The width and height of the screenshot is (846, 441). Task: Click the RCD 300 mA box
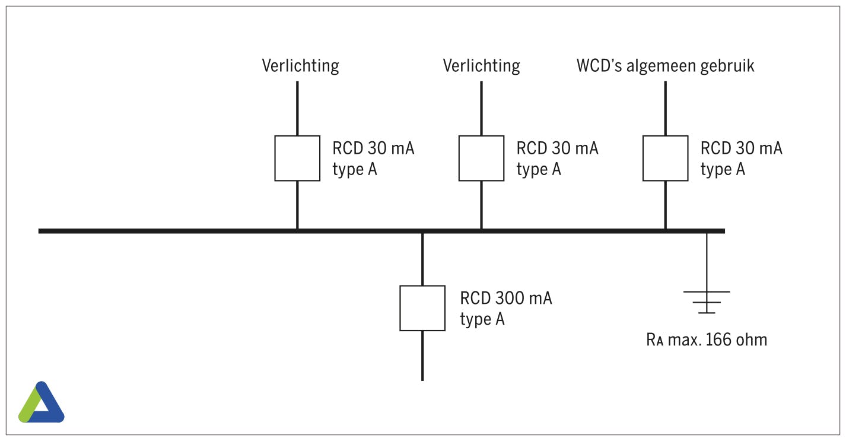pos(422,308)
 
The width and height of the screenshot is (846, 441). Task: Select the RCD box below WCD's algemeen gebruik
pos(666,158)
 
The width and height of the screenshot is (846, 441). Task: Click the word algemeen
pos(659,66)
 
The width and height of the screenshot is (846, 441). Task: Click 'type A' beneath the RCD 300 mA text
pos(482,319)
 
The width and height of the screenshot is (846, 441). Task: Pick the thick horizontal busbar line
pos(178,230)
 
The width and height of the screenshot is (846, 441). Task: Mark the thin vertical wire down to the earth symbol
pos(707,261)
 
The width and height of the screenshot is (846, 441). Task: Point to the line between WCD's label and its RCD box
pos(666,108)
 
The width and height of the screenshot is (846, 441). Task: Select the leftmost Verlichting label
pos(301,65)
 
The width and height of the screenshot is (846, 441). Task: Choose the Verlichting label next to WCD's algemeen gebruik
pos(482,65)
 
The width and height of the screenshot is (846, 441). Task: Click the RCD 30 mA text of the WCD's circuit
pos(741,148)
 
